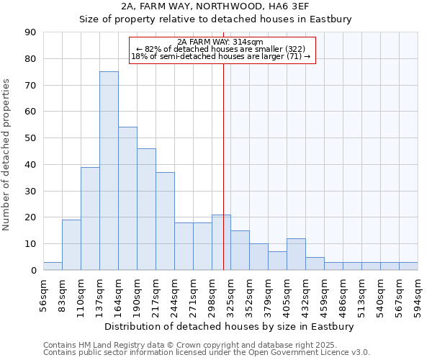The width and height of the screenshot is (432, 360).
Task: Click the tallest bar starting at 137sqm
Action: (109, 171)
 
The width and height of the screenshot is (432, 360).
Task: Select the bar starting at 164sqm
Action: (127, 199)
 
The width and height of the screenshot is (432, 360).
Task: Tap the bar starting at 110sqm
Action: (90, 218)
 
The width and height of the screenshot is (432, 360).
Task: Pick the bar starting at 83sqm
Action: (71, 245)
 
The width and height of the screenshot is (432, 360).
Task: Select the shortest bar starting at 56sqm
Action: (53, 266)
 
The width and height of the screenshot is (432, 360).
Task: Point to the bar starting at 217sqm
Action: (165, 221)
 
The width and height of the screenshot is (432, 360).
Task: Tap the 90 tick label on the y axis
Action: (30, 32)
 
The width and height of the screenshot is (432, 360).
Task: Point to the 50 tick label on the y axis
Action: (30, 138)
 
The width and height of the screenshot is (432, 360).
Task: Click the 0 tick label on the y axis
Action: (33, 271)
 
